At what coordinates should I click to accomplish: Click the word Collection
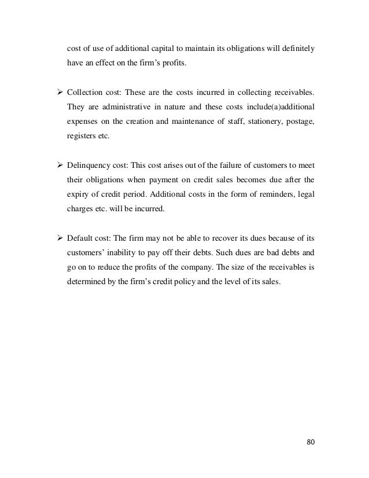86,92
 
